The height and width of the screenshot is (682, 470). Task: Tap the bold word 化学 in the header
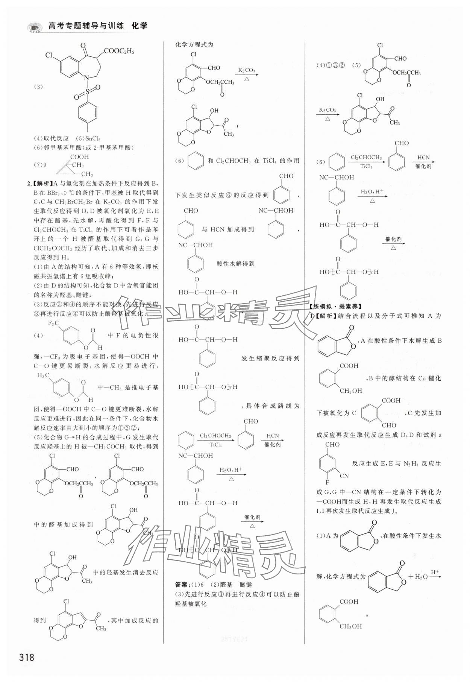pyautogui.click(x=139, y=26)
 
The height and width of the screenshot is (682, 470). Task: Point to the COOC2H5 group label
pyautogui.click(x=119, y=51)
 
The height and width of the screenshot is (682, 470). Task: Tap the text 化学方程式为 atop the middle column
pyautogui.click(x=194, y=44)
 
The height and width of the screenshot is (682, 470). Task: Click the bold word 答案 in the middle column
pyautogui.click(x=183, y=585)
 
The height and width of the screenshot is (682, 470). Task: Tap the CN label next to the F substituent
pyautogui.click(x=344, y=476)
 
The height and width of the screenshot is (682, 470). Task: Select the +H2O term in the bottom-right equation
pyautogui.click(x=417, y=576)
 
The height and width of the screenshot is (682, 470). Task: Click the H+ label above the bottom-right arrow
pyautogui.click(x=435, y=572)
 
